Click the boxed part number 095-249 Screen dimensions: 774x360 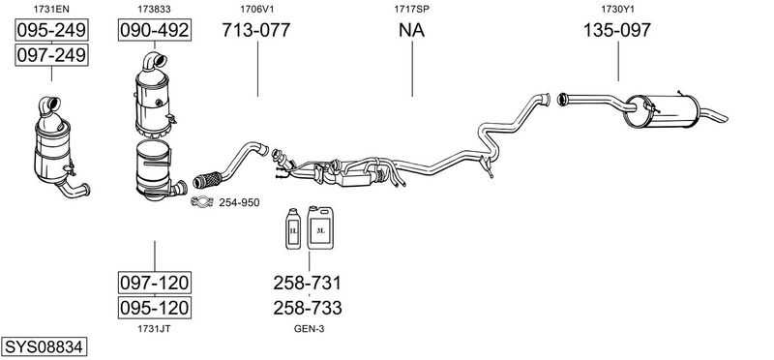click(51, 31)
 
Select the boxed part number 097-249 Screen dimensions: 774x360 click(51, 55)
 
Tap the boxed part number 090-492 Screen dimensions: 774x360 click(155, 30)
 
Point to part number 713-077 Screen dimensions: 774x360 click(256, 30)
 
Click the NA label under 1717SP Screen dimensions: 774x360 click(412, 31)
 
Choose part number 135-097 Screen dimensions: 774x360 click(617, 31)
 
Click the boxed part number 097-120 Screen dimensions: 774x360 click(155, 283)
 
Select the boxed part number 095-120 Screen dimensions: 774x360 click(155, 308)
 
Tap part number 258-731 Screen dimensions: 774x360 click(308, 283)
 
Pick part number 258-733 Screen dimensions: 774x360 click(308, 308)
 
